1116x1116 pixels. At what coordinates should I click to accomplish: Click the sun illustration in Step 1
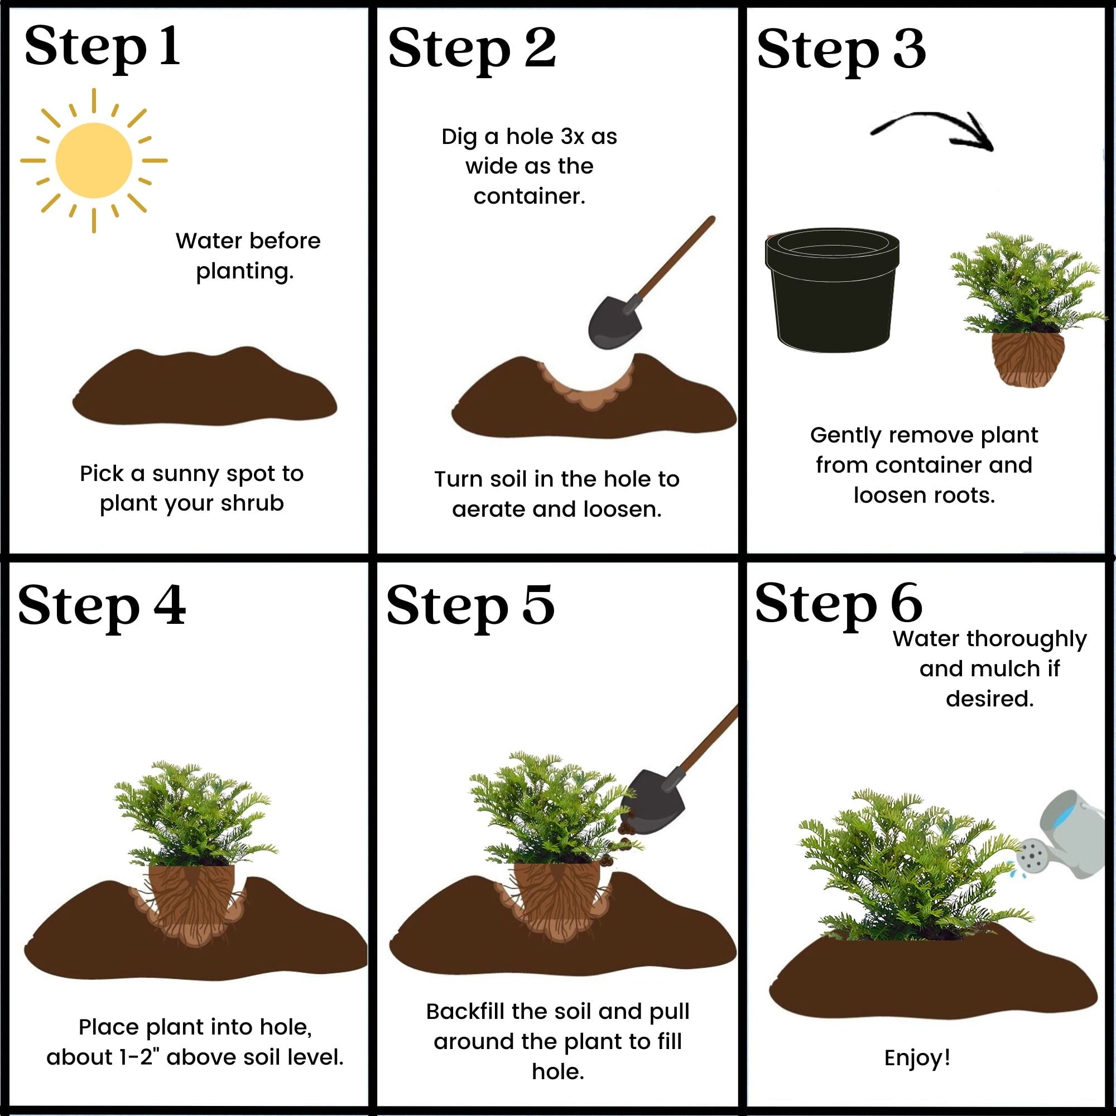pos(94,161)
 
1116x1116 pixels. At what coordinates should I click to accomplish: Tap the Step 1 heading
pos(102,49)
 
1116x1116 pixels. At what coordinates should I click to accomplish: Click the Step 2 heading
pos(472,50)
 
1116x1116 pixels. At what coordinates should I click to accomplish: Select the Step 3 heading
pos(841,51)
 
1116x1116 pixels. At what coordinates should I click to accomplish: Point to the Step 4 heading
pos(102,607)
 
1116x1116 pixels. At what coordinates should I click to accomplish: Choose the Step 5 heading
pos(470,607)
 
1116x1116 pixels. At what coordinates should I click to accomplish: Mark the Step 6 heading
pos(838,604)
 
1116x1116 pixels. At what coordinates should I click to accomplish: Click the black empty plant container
pos(832,290)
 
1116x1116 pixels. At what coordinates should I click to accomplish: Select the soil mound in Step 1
pos(204,387)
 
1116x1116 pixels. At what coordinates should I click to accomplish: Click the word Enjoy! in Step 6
pos(917,1057)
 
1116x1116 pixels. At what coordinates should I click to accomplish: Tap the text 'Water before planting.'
pos(247,256)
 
